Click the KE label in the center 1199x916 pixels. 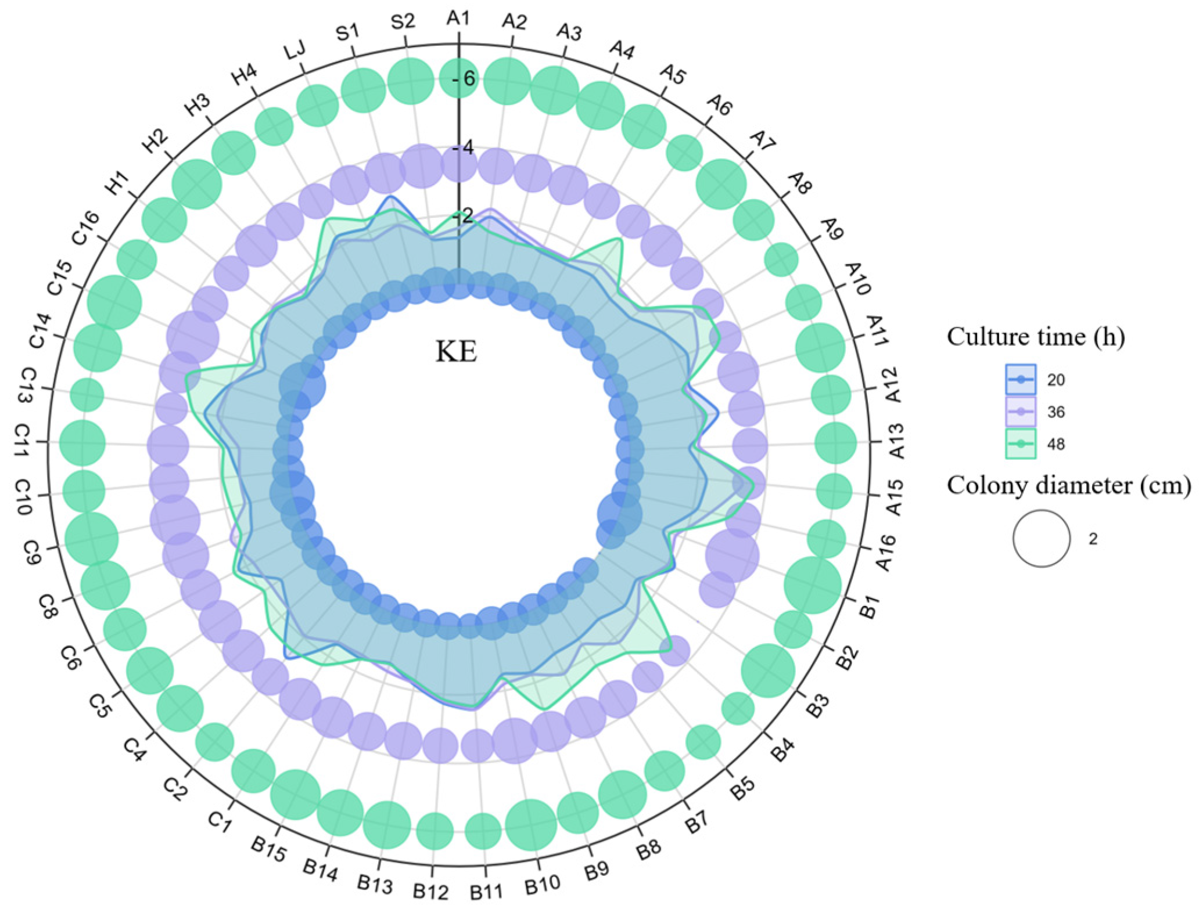pos(457,351)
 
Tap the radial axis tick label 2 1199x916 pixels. pos(466,216)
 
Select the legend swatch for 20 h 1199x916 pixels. pos(1020,380)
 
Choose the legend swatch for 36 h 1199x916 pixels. pos(1020,412)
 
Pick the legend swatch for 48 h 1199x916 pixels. pos(1020,443)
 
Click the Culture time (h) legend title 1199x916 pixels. pos(1035,337)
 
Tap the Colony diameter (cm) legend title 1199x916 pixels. pos(1068,485)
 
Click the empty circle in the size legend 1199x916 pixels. pos(1041,538)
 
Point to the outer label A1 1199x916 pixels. pos(458,19)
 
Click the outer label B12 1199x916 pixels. pos(430,891)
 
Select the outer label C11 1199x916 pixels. pos(22,439)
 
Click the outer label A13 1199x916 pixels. pos(896,441)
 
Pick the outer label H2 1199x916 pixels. pos(156,140)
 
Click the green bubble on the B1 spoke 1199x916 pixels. pos(812,585)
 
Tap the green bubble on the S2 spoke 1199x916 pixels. pos(410,81)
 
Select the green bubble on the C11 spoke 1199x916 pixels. pos(82,443)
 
